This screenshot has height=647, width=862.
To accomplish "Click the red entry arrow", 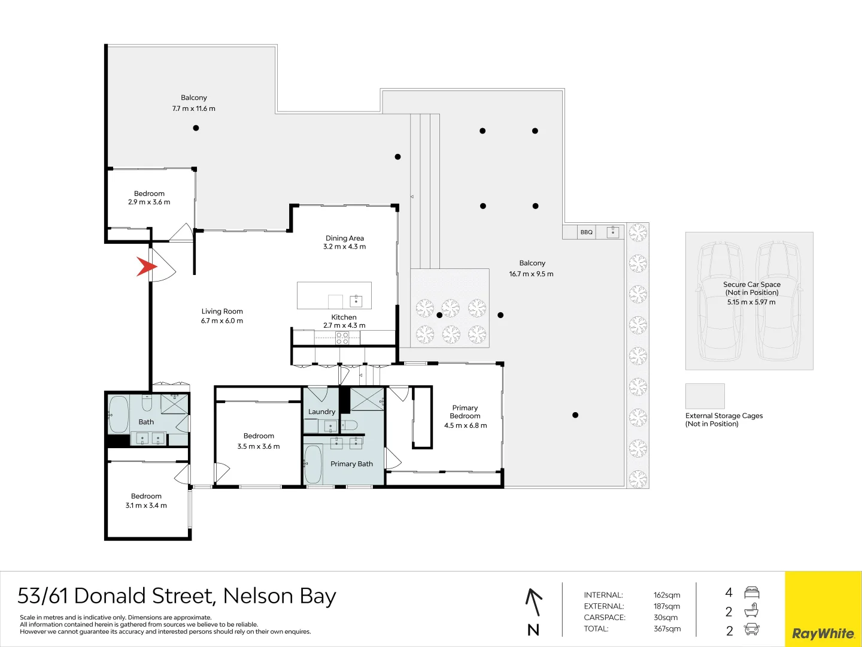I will click(145, 267).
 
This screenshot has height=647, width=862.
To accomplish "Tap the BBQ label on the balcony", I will click(587, 232).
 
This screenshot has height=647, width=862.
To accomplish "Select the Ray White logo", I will click(823, 633).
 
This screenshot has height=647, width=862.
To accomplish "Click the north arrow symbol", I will click(533, 603).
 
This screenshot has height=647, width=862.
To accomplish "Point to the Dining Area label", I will click(345, 238).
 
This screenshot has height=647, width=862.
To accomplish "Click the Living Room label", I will click(222, 312).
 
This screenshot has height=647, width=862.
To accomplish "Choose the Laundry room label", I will click(321, 412).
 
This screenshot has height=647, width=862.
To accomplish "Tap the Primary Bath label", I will click(351, 464).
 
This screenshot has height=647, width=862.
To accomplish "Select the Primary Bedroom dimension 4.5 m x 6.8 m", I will click(465, 426).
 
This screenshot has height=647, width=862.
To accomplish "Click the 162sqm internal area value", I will click(667, 595).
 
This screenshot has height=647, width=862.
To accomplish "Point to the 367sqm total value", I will click(667, 629).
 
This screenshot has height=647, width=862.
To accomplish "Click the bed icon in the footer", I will click(752, 593).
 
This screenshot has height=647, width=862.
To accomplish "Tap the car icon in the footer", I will click(751, 630).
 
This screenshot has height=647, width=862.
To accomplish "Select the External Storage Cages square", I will click(705, 396).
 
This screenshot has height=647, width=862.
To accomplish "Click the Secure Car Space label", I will click(751, 285).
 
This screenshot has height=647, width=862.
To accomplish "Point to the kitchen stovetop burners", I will click(342, 338).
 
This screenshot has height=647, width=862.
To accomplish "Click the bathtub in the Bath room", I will click(118, 414).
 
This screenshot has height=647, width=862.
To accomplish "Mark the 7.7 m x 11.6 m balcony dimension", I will click(193, 109).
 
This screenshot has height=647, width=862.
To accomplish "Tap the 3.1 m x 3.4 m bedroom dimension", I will click(146, 506).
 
